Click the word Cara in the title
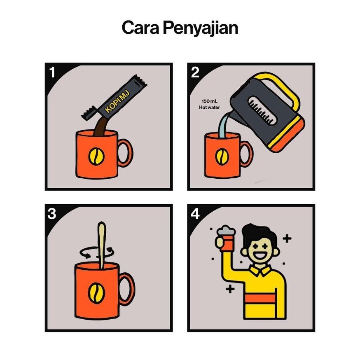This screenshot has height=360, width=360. coord(140,28)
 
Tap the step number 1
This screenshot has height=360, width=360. coord(53,72)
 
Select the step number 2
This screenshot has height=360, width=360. coord(195,72)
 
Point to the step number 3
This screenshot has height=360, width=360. coord(52,213)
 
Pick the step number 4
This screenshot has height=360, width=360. coord(195,213)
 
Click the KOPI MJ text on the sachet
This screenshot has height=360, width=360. coord(117,101)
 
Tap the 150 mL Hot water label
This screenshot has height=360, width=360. coord(209,104)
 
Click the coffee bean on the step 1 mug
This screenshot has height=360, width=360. coord(96,157)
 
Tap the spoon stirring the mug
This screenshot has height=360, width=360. coord(101,245)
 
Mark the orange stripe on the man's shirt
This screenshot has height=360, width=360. coord(260,299)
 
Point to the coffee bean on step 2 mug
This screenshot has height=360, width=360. coord(222,157)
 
